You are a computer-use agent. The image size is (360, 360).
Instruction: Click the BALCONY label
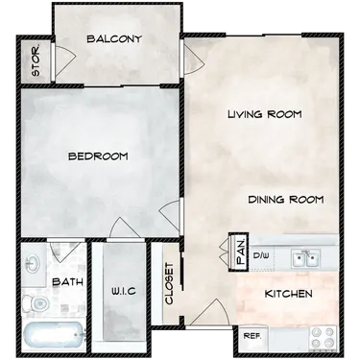point(114,39)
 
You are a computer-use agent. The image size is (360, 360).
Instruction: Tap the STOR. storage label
point(36,61)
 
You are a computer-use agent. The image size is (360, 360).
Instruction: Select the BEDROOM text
point(98,156)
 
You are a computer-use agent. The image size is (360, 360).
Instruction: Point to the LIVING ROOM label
point(265,114)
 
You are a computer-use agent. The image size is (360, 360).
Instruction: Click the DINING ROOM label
point(286,200)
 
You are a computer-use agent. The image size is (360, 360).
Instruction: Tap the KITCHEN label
point(289,294)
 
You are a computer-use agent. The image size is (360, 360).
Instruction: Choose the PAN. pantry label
point(242,252)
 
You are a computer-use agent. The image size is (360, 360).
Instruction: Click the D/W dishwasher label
point(261,255)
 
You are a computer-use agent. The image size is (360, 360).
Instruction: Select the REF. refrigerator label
point(252,336)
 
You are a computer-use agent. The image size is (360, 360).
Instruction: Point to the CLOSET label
point(169,284)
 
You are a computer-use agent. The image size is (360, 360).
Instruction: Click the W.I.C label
point(124,291)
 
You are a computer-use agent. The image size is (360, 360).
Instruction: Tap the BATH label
point(67,282)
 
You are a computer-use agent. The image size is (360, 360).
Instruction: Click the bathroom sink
point(34,264)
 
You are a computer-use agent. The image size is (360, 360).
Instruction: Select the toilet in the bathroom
point(36,302)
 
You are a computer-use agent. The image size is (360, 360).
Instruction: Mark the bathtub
point(53,336)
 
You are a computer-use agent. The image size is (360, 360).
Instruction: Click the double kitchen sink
point(306,258)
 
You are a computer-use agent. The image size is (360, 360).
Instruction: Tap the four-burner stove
point(323,338)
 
